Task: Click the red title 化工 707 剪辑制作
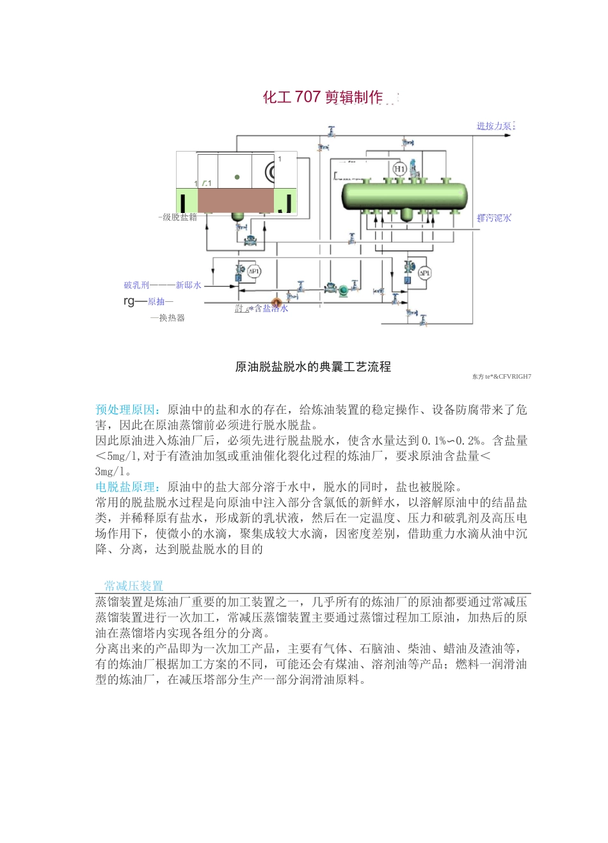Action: (323, 97)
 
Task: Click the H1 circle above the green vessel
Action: (399, 169)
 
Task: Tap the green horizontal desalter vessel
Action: (404, 195)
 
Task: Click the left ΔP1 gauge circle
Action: (254, 272)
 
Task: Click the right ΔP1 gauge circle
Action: (424, 273)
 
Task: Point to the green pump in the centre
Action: (343, 289)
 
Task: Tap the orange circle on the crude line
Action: (277, 302)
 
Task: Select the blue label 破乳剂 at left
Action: (136, 285)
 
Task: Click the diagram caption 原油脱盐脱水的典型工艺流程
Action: (313, 366)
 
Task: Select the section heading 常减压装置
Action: (134, 586)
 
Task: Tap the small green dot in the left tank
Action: (237, 177)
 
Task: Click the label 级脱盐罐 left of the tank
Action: (179, 217)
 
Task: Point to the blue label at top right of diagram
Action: (495, 126)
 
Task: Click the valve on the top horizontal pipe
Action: (331, 132)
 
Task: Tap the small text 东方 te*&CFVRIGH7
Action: (501, 377)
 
